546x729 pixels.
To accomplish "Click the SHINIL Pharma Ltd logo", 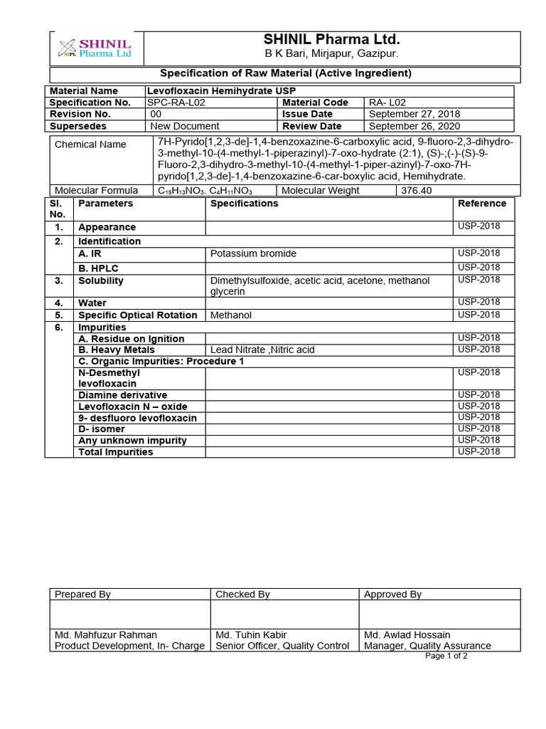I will coord(95,48).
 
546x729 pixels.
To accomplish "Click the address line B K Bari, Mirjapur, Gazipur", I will coord(331,54).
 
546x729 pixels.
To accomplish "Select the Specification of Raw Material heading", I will coord(285,73).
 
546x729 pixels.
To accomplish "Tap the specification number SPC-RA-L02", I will coord(177,103).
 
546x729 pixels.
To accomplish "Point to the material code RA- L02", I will coord(387,103).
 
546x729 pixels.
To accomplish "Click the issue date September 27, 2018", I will coord(414,114).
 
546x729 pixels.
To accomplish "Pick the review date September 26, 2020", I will coord(414,126).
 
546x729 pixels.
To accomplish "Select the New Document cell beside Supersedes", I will coord(186,126).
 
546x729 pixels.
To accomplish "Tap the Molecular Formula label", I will coord(97,191).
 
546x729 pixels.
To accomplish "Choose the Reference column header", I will coord(482,204).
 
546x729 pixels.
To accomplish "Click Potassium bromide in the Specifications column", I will coord(254,254).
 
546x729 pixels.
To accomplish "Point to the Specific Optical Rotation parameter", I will coord(138,315).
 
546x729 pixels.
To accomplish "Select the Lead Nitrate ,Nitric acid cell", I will coord(262,350).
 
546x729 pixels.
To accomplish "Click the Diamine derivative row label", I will coord(123,395).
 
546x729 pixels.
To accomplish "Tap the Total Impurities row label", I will coord(116,452).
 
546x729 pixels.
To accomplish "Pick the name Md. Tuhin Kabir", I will coord(251,635).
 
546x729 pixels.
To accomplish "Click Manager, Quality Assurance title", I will coord(427,646).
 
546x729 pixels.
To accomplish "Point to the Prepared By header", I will coord(82,594).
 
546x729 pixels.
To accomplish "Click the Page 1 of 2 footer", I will coord(446,656).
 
